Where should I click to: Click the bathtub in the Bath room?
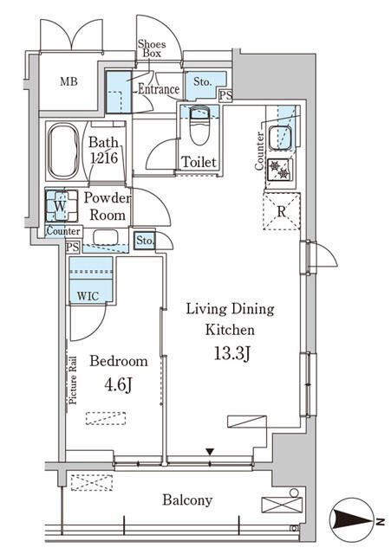click(x=63, y=151)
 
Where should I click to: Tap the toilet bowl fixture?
click(x=199, y=126)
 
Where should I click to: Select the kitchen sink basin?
click(x=280, y=138)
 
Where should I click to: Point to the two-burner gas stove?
click(x=279, y=170)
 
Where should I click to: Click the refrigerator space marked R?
click(x=282, y=211)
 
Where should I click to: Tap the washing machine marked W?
click(x=62, y=206)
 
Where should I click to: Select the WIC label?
click(x=88, y=296)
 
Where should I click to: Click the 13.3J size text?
click(x=232, y=353)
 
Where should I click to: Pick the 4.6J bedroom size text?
click(x=118, y=384)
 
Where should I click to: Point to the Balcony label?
click(x=187, y=500)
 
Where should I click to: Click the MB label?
click(x=68, y=81)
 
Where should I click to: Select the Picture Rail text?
click(x=73, y=380)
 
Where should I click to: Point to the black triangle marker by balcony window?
click(x=210, y=452)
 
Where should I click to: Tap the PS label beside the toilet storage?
click(x=225, y=95)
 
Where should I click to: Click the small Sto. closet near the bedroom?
click(x=145, y=241)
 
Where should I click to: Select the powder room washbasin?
click(x=106, y=237)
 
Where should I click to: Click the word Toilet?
click(x=199, y=162)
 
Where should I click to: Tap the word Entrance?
click(x=159, y=89)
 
